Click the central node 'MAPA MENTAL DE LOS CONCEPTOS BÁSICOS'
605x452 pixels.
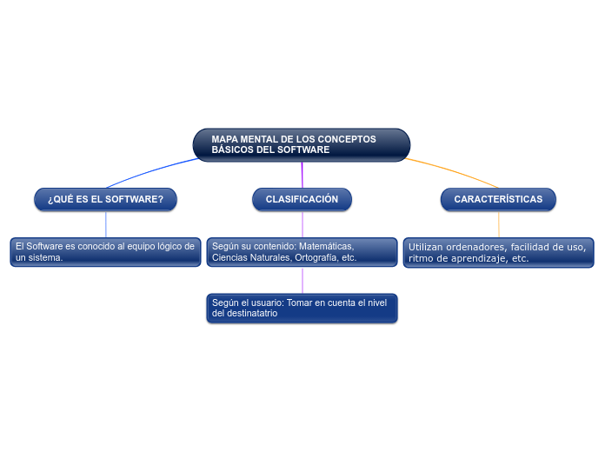pos(301,144)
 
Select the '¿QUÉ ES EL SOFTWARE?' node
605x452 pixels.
pos(105,199)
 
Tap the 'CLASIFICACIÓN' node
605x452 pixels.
pos(302,199)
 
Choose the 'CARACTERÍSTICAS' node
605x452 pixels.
pos(498,199)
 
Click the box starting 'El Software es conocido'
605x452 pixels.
pos(105,252)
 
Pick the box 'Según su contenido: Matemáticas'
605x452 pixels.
pos(302,252)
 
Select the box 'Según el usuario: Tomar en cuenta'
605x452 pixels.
pos(302,308)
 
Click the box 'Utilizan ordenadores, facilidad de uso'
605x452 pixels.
pos(498,252)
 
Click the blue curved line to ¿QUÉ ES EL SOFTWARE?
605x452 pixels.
pos(148,171)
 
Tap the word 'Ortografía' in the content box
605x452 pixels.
pos(316,258)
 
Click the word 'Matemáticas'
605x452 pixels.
pos(326,246)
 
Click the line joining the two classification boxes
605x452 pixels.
pos(302,279)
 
